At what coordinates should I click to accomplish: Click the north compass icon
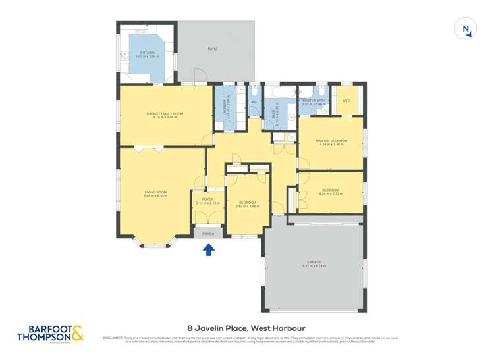466,29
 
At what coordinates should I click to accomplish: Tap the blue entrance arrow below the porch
208,249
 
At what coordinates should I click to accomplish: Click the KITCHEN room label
147,53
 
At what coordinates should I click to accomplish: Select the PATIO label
213,49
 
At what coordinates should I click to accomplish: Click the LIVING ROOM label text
155,192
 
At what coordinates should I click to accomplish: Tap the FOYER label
207,199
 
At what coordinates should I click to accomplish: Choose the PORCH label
208,234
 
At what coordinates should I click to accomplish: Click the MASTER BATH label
314,101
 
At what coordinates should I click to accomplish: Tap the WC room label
254,103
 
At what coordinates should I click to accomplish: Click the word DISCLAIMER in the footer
115,338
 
